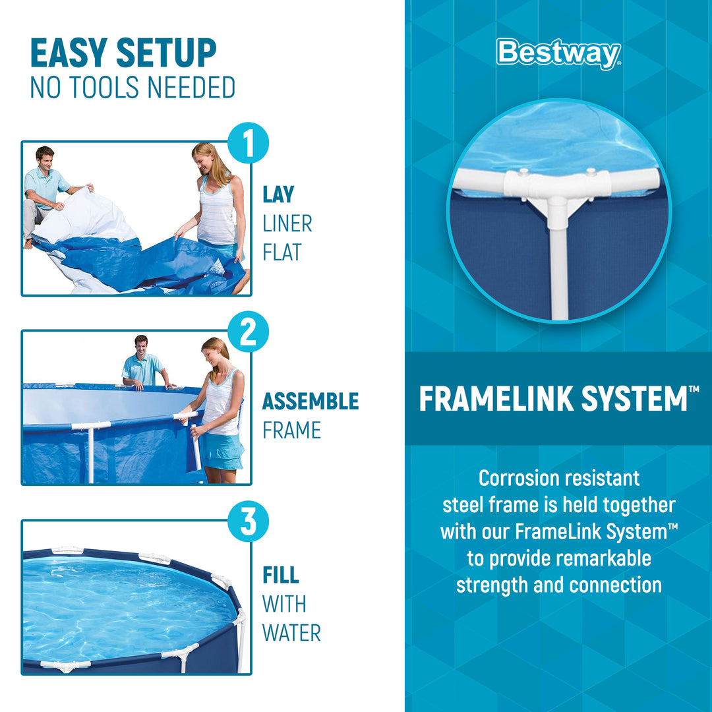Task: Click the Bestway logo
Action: point(558,53)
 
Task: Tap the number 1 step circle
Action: point(248,144)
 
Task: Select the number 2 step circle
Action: point(248,332)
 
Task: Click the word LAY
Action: point(278,194)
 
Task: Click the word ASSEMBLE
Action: point(311,401)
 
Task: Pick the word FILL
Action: point(281,575)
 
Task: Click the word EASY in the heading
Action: point(67,54)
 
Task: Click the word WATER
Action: point(291,633)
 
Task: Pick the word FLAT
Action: point(282,252)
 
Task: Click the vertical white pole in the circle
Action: point(558,270)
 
